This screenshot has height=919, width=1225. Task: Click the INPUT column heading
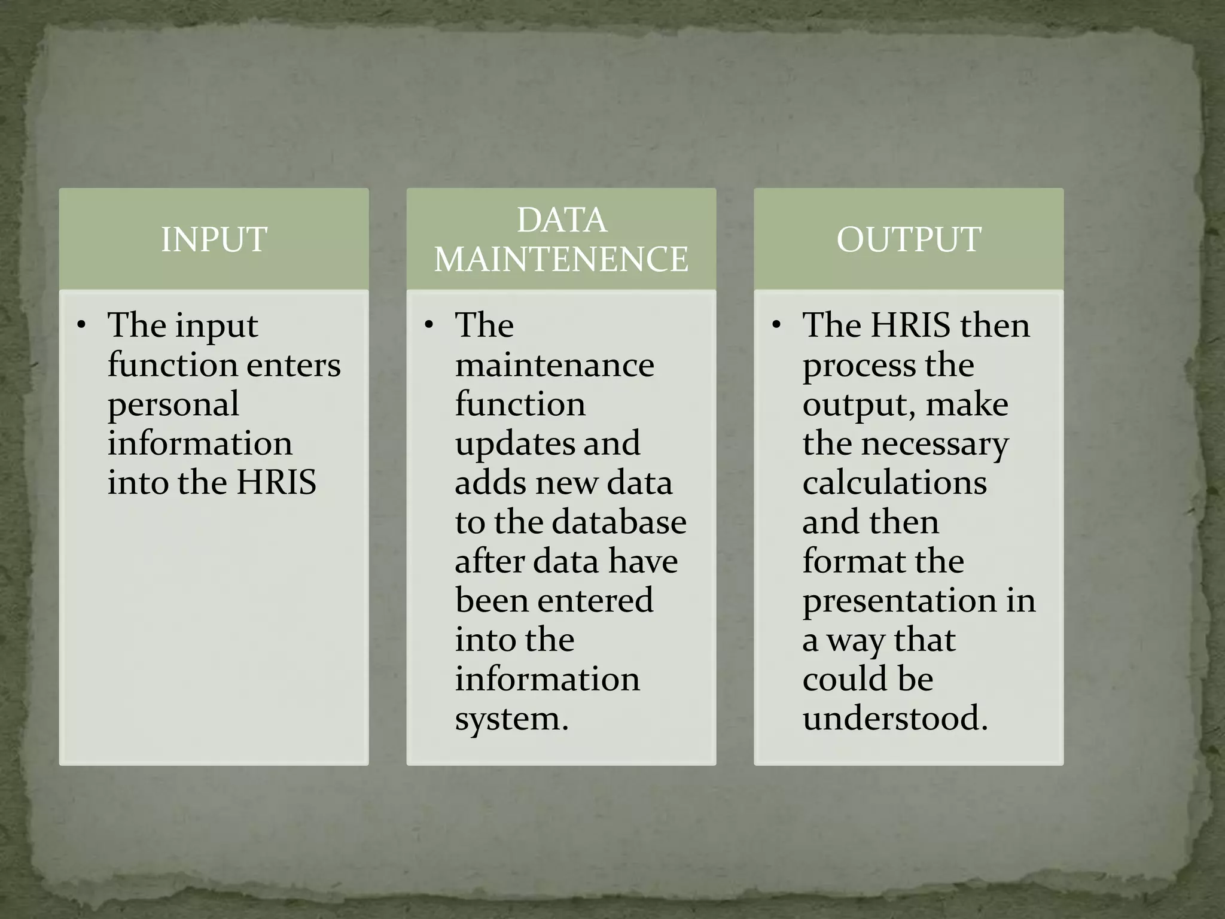click(214, 239)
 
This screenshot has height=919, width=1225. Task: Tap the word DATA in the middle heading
click(561, 220)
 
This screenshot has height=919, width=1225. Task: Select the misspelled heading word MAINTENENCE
click(561, 259)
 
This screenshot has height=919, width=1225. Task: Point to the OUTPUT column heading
click(909, 239)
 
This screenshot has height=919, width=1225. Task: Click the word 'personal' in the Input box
click(173, 404)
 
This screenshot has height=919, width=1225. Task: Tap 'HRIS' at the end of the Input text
click(276, 483)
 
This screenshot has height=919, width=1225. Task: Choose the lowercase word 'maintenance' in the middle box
click(554, 365)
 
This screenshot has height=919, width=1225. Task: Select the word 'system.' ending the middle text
click(511, 719)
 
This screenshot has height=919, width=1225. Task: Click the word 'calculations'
click(894, 483)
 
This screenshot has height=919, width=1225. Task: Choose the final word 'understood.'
click(895, 719)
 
